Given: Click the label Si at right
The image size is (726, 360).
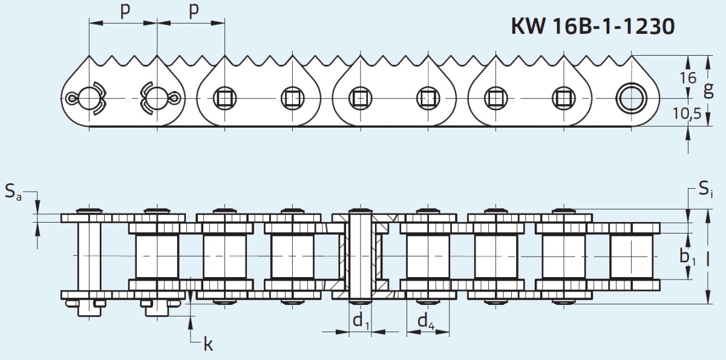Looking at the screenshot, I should tap(705, 190).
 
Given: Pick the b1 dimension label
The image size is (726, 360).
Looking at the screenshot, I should tap(686, 257).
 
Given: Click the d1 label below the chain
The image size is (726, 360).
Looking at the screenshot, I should tap(361, 321).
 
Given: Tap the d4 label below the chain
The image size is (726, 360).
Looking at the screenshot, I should tap(426, 321).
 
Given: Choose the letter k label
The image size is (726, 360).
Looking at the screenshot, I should tap(208, 345).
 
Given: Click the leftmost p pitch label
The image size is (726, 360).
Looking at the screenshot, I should tap(125, 11).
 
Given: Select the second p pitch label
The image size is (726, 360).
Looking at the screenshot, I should tap(193, 11).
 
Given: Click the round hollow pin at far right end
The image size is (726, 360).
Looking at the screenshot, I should tap(629, 97).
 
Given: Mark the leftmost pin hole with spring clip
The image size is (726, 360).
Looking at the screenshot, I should tap(88, 97).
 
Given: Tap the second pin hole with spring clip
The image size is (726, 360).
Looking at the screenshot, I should tap(157, 97).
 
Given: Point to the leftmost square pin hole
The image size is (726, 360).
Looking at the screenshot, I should tap(224, 97).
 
